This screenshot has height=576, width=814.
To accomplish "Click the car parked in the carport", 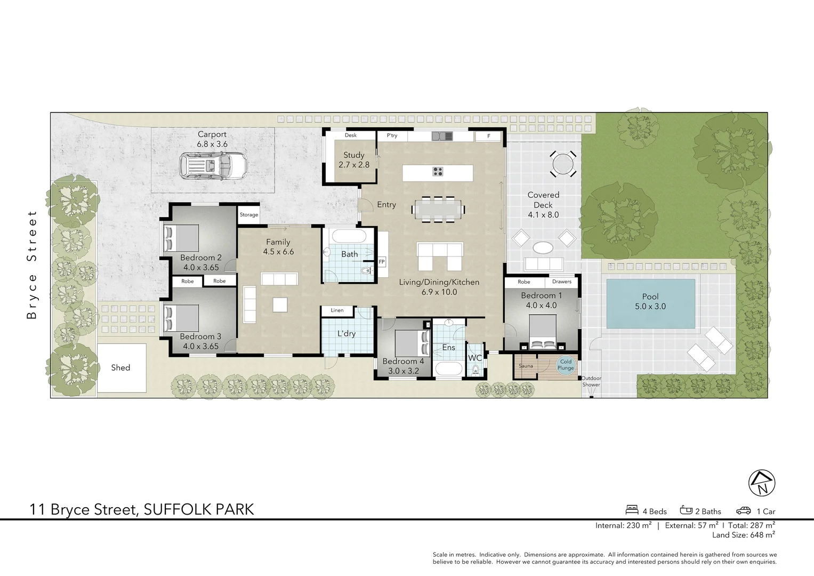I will point(213,165).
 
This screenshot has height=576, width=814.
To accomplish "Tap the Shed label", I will point(120,367).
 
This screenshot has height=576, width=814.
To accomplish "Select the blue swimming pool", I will point(650,303).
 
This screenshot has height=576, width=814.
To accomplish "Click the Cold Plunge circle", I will point(566,365).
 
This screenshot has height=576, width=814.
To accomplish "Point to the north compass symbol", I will point(762,483).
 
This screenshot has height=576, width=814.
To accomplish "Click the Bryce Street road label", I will point(32,265).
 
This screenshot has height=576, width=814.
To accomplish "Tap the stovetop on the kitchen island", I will point(438,171).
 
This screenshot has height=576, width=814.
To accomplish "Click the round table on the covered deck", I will point(563,164).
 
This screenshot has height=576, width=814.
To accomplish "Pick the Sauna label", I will point(526,366).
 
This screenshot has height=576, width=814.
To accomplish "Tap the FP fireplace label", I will point(382,262).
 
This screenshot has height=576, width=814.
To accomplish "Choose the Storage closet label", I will point(248,215).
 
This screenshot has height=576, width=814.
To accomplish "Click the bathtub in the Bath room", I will point(348,236).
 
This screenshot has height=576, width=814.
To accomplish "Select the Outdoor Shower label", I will point(591,381).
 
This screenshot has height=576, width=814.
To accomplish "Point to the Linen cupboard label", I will point(337,310).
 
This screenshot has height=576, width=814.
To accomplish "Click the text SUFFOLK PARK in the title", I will point(199,509).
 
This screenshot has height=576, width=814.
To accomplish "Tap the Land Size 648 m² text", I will point(743,535).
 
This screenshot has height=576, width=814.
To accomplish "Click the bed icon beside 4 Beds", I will point(632,510).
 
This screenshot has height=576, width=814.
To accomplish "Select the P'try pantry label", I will point(392,135).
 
